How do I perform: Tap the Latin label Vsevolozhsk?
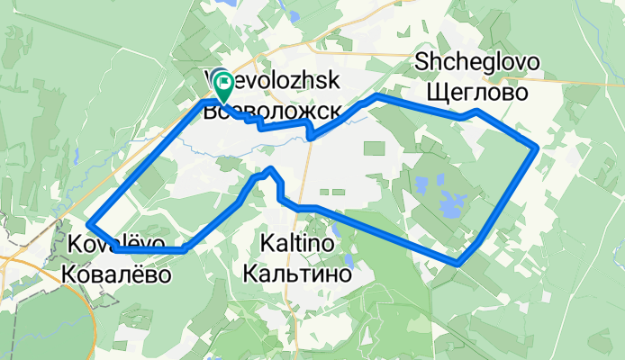272,81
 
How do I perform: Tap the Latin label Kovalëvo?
115,244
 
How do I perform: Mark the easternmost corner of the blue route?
537,146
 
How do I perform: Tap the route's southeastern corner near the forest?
458,263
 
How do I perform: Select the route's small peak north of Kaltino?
270,168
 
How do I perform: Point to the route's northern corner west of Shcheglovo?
374,94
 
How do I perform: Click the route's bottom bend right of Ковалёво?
185,249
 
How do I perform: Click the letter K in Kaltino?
266,244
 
